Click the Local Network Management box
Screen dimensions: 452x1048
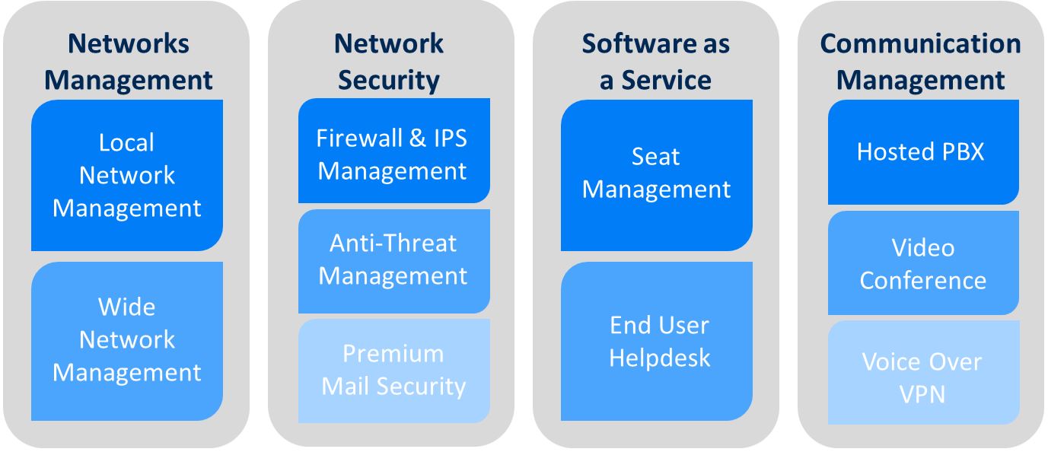[x=126, y=175]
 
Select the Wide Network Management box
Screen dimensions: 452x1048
[x=126, y=340]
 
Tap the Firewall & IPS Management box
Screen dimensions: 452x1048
[x=393, y=154]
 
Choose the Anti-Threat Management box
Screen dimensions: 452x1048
[x=393, y=259]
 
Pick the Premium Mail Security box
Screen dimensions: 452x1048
[x=393, y=370]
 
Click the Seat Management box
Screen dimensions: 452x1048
[x=656, y=173]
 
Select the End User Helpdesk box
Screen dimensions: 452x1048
[x=656, y=341]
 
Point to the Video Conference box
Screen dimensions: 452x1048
[x=922, y=263]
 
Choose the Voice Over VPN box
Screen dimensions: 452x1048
[x=922, y=377]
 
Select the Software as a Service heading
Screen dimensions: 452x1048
[x=655, y=62]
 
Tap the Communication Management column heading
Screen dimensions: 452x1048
[x=921, y=62]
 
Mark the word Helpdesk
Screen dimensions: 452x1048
[x=659, y=357]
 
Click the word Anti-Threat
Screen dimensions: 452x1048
[x=393, y=243]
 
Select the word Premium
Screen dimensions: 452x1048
[x=393, y=354]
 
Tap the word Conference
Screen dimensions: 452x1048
[x=922, y=280]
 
